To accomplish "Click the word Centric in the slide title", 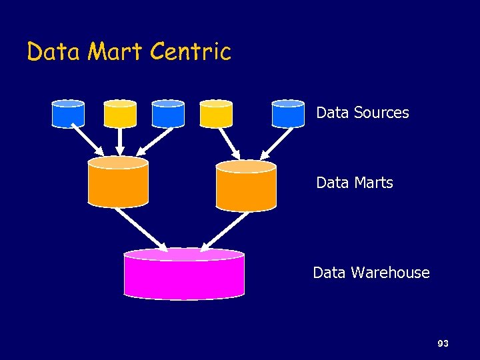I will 191,51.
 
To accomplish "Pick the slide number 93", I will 443,344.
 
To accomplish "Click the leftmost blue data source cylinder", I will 68,114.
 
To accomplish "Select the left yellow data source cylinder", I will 120,114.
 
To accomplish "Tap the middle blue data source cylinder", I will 168,114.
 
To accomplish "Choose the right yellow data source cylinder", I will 217,114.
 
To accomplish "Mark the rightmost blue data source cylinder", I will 288,114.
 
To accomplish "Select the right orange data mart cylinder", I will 246,186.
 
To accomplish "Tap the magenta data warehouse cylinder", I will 184,274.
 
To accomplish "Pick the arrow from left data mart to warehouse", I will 142,228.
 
